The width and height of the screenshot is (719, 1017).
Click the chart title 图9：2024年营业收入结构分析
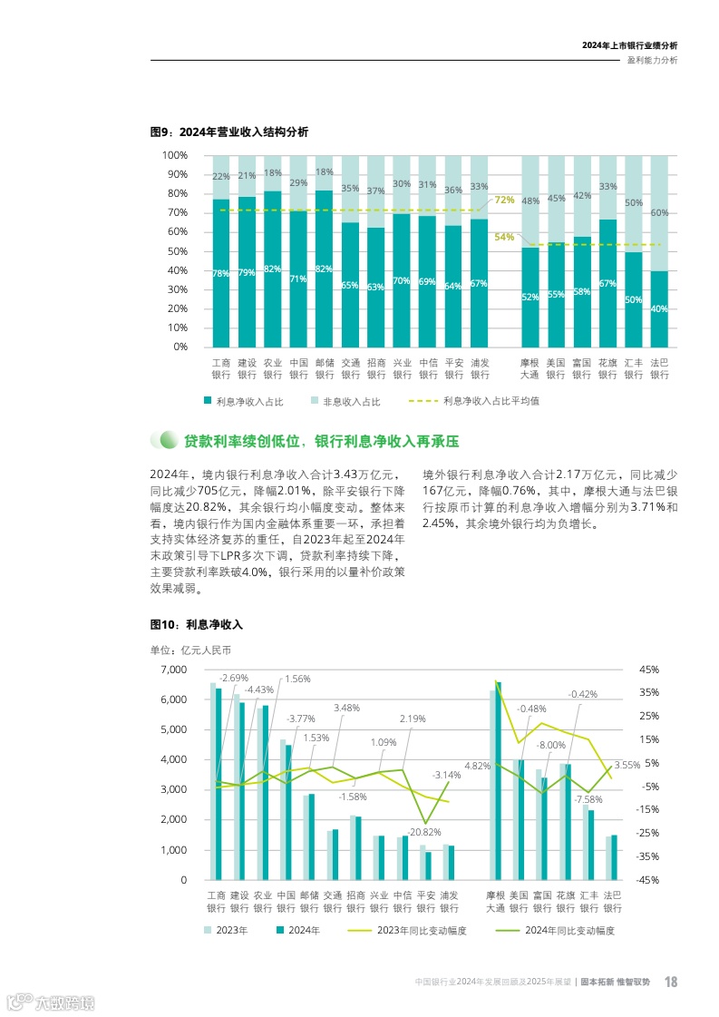(228, 132)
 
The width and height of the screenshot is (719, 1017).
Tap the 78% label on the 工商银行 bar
(220, 274)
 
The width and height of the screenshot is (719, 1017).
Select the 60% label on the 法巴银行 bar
(659, 213)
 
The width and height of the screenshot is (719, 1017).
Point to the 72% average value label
(504, 200)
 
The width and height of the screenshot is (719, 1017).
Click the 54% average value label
(504, 238)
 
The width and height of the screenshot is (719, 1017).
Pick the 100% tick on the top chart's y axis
(174, 155)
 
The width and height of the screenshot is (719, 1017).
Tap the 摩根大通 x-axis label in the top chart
(530, 369)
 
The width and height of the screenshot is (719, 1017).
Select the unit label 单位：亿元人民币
(190, 650)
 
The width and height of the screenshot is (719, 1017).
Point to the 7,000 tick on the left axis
(172, 670)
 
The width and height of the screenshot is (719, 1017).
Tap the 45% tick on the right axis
(649, 670)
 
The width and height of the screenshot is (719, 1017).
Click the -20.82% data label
(423, 832)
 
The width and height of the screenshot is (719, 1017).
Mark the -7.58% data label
(587, 799)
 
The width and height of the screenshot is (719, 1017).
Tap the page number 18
(671, 982)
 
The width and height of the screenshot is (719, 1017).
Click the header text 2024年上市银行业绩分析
(629, 45)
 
